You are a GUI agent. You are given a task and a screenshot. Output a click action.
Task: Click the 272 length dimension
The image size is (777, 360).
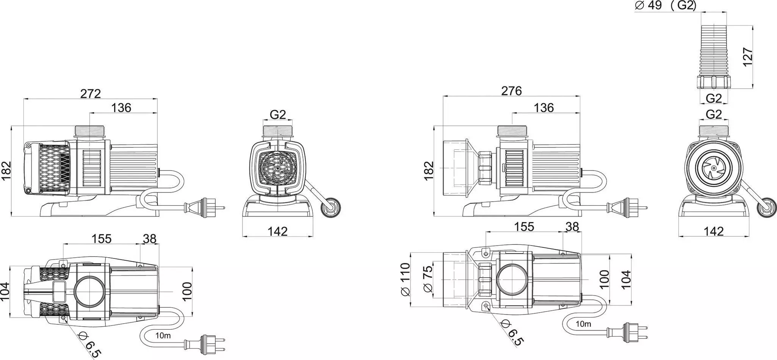pos(91,94)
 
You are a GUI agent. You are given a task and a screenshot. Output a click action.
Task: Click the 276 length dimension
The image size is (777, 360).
pos(512,91)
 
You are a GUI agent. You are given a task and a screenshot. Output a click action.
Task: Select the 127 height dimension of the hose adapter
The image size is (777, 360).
pos(747,57)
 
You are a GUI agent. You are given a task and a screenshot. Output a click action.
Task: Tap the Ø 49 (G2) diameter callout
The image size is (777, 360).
pos(665,6)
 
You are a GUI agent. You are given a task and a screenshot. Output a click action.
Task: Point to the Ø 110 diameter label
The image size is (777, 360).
pos(405,279)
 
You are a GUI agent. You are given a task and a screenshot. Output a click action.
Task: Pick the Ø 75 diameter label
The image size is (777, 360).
pos(427,279)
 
